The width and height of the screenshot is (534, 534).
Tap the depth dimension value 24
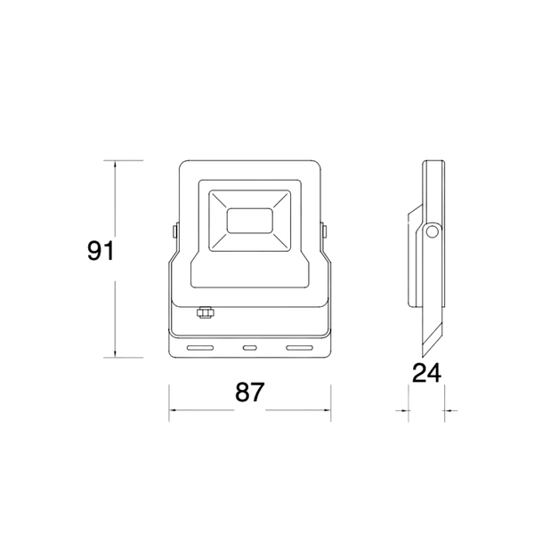(426, 373)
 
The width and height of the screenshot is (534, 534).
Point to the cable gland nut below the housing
(205, 312)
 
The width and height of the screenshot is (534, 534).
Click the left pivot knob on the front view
(174, 231)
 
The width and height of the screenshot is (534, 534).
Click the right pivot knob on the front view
(326, 231)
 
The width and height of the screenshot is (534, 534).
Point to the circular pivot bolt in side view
(433, 233)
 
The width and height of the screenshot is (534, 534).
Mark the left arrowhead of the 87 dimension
(174, 411)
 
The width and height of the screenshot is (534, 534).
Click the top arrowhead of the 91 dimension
(117, 164)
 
